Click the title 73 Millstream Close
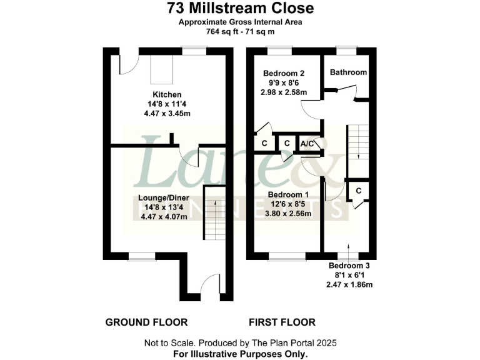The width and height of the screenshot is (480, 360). pos(240,9)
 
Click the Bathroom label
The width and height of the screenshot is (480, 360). pos(348,72)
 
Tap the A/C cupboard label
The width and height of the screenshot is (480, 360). pos(307,143)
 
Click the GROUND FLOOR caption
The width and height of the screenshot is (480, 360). pos(146,322)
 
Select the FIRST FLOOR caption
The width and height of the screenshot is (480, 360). pos(282,322)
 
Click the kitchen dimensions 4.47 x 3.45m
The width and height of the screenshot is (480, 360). pos(167,113)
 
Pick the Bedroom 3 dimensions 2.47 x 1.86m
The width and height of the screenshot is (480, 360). pos(349,284)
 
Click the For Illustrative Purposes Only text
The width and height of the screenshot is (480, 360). pos(240,354)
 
